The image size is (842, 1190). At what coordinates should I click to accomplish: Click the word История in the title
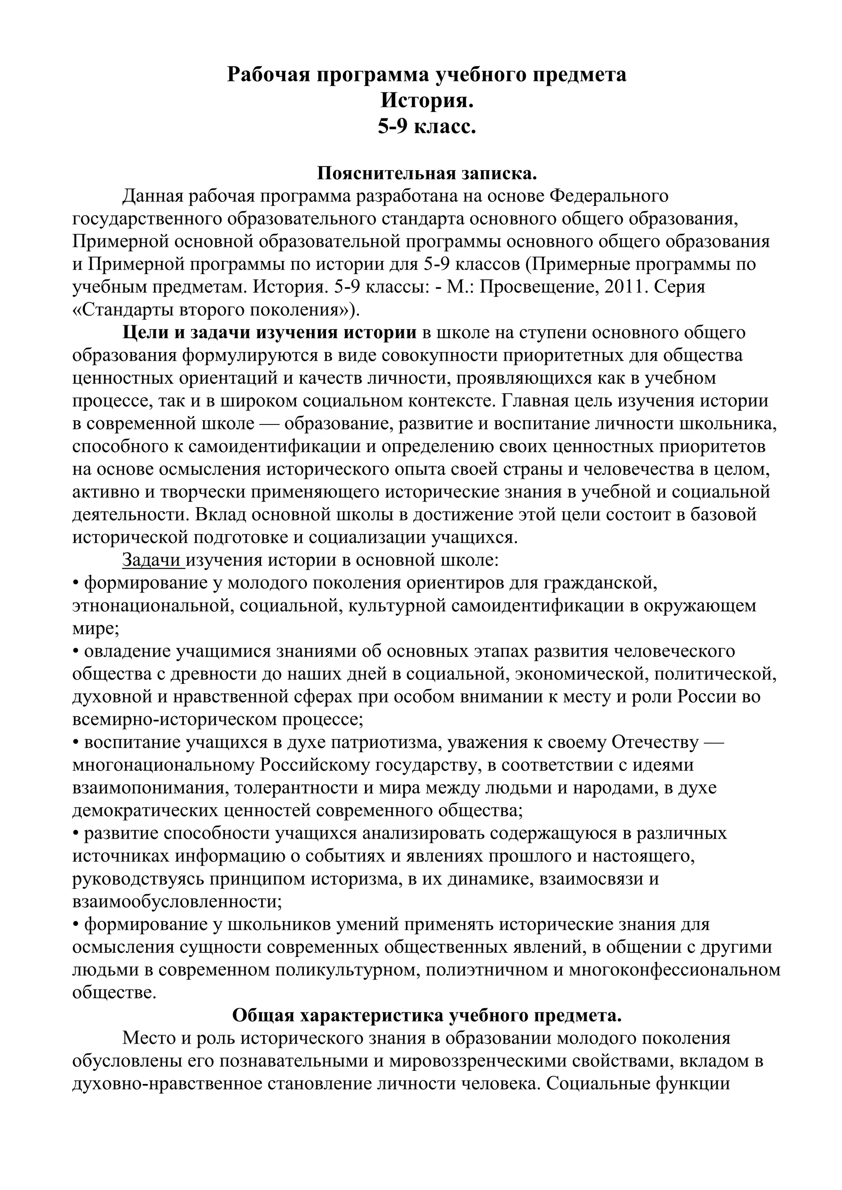[427, 101]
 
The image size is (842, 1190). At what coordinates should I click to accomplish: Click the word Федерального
[609, 196]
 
